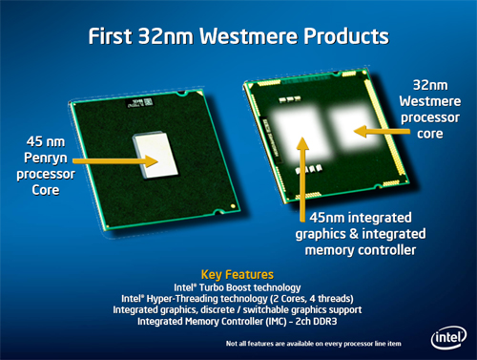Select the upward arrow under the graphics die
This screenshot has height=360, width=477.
[304, 172]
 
